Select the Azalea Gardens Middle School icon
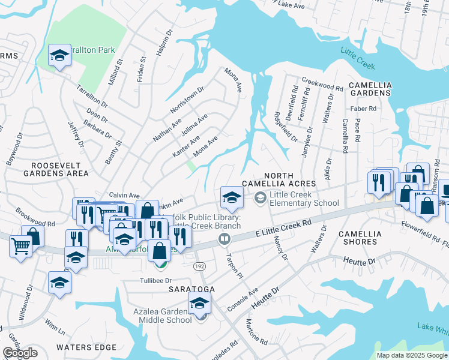(x=200, y=303)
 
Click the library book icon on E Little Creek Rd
(x=224, y=239)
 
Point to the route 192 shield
(x=198, y=265)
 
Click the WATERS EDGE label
(x=86, y=347)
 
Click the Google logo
(x=20, y=353)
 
